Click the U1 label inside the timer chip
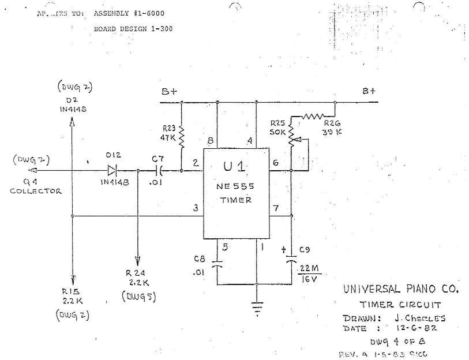tap(236, 166)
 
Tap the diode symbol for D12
tap(112, 171)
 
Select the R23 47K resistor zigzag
tap(181, 137)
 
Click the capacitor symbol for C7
tap(162, 171)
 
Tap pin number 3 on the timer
tap(196, 208)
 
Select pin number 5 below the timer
tap(226, 247)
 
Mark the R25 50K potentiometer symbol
tap(291, 134)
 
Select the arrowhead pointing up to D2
tap(72, 122)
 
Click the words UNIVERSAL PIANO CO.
tap(401, 288)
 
